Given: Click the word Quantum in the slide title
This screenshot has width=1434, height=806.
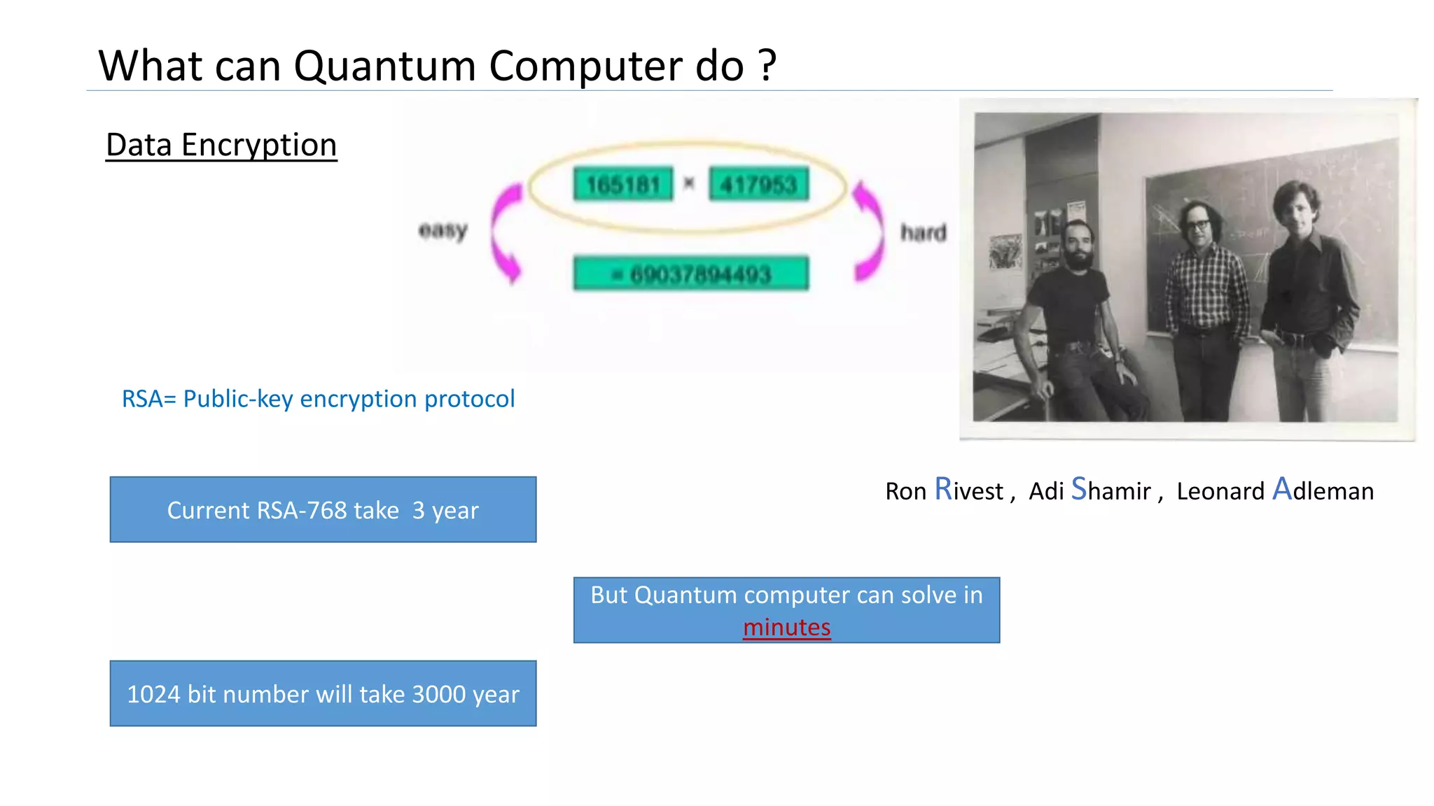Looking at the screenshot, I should point(384,67).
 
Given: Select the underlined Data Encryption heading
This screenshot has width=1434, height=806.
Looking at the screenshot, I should point(221,146).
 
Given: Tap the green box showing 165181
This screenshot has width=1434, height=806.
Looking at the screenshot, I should point(622,185).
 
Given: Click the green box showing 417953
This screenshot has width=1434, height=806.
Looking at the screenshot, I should point(759,185).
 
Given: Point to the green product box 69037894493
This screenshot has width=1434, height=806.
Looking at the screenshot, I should point(691,274).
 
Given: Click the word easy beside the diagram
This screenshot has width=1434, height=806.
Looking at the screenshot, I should point(443,229).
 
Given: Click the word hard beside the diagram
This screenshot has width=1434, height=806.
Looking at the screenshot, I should point(923,232).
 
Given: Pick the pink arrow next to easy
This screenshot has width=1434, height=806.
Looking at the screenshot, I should point(506,234).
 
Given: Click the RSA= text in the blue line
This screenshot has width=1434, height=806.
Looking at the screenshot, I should point(148,400).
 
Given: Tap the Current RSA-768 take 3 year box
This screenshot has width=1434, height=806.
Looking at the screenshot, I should point(323,510).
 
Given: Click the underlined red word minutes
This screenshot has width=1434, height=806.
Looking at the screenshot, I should point(786,628).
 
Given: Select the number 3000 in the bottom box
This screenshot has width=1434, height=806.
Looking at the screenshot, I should point(439,695).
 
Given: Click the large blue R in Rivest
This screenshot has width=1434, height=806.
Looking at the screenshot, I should point(943,489).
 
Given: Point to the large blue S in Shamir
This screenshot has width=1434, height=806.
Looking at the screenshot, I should point(1078,489).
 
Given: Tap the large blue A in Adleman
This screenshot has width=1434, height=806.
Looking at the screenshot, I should point(1281,489).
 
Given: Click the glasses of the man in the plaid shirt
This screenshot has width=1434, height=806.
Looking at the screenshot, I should point(1198,225).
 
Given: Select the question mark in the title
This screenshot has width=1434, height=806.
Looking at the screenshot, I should point(767,66).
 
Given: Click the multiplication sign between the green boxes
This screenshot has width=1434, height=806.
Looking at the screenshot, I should point(690,184).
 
